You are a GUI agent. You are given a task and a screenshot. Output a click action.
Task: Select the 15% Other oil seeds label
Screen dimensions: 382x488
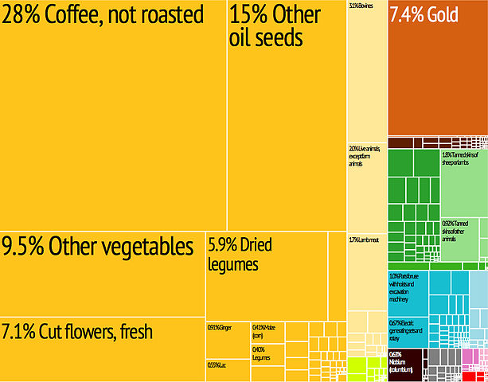pos(275,26)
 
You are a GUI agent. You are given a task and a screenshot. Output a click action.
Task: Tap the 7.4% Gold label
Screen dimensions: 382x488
pos(425,14)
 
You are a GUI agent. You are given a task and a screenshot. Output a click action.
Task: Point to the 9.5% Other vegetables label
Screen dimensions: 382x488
pos(97,248)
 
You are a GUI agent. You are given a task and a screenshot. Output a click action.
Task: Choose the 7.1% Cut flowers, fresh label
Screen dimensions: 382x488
pos(76,331)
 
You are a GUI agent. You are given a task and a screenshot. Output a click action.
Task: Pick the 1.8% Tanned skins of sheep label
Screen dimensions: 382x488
pos(462,158)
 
